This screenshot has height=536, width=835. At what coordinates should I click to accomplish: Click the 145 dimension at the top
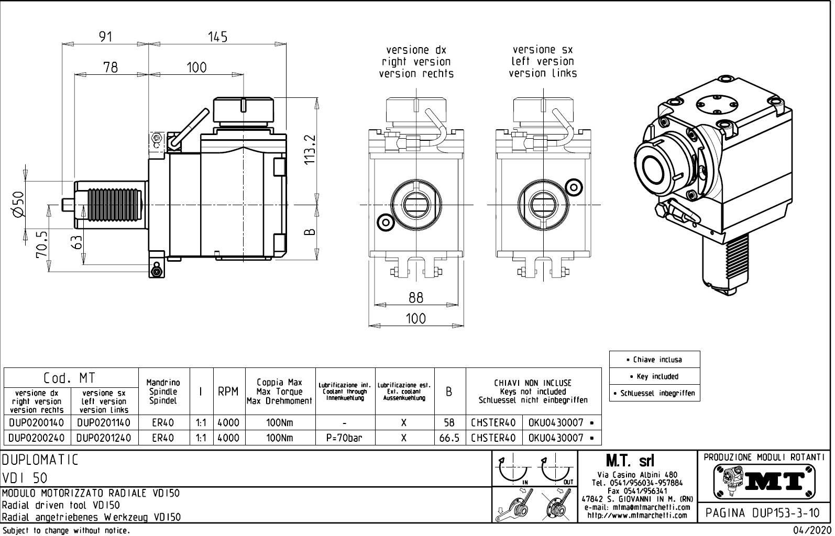[x=217, y=37]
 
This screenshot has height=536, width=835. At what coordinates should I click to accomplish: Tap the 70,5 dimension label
[x=42, y=243]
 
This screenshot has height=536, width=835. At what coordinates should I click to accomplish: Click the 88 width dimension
[x=415, y=297]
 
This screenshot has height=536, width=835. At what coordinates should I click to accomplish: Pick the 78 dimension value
[x=111, y=68]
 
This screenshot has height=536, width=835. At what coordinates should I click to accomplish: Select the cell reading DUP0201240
[x=104, y=438]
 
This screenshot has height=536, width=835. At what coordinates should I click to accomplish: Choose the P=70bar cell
[x=345, y=438]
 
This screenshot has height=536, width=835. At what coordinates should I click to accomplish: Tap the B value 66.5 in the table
[x=449, y=438]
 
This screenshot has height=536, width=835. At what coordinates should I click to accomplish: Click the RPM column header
[x=228, y=392]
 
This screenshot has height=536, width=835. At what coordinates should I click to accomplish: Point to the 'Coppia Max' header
[x=280, y=383]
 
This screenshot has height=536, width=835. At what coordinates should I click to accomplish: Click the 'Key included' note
[x=654, y=376]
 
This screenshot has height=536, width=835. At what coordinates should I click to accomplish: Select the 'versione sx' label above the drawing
[x=543, y=50]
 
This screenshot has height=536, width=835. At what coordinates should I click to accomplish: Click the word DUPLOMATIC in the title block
[x=40, y=460]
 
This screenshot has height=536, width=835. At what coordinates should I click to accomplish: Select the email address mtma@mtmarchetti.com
[x=636, y=507]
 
